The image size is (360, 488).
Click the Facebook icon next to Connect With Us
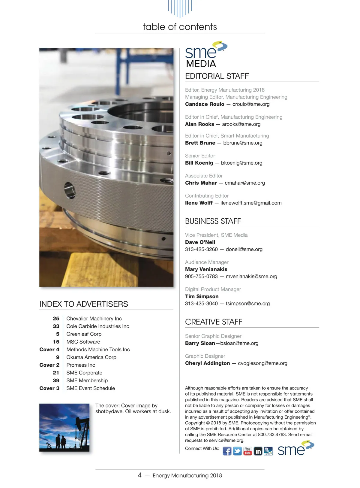(227, 451)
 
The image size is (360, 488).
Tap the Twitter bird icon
(237, 451)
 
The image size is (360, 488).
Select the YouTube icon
(247, 451)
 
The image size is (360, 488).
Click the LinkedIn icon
(258, 451)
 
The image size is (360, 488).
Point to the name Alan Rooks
(199, 124)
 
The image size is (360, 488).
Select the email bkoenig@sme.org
(241, 163)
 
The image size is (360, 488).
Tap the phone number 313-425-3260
(201, 249)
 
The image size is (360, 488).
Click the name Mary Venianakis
(206, 269)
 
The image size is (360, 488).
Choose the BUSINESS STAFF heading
(213, 221)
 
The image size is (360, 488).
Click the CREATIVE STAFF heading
(214, 322)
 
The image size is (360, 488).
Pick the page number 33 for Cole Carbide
(56, 326)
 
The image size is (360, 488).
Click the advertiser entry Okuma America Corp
(91, 357)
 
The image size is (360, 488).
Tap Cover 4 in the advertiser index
(49, 350)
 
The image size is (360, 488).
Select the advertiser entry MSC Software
(83, 342)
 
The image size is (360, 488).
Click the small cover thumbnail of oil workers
(64, 427)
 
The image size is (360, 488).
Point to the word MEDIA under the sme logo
(201, 64)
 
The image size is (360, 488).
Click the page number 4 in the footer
(139, 475)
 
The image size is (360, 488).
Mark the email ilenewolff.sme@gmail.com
(251, 203)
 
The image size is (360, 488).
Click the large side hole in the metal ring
(70, 191)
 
